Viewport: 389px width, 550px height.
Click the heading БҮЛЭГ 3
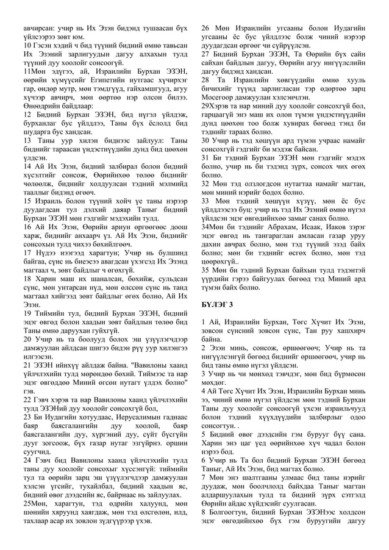point(216,303)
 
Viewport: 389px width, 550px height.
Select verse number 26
point(204,29)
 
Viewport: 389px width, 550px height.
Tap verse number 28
point(204,79)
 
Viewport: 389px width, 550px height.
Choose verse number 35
point(204,269)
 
